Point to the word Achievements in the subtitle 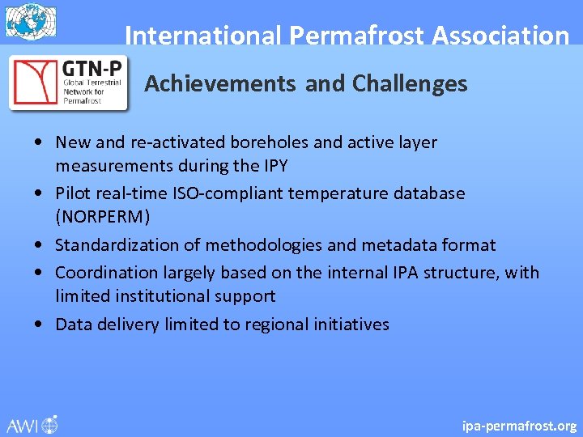(220, 83)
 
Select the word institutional (165, 297)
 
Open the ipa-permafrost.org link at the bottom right (519, 426)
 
